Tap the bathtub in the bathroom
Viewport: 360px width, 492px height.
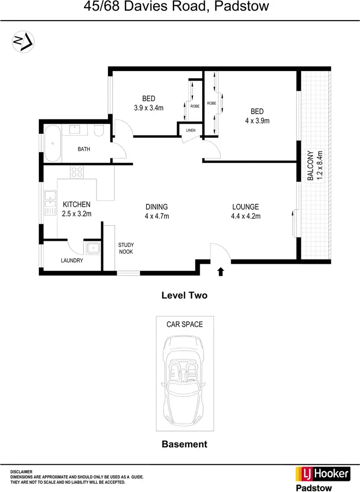(x=52, y=143)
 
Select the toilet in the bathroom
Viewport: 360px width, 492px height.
(x=99, y=131)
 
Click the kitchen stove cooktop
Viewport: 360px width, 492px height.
(x=77, y=172)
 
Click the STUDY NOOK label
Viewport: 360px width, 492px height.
(x=126, y=248)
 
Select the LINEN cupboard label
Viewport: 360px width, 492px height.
(x=191, y=130)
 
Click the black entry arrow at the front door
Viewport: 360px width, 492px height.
(x=221, y=272)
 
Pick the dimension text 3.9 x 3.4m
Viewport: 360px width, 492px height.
(x=149, y=108)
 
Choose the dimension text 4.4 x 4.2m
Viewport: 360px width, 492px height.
(x=246, y=216)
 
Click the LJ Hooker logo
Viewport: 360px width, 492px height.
(x=322, y=473)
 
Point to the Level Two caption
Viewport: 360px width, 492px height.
(x=184, y=295)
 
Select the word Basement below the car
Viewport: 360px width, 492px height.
(x=184, y=444)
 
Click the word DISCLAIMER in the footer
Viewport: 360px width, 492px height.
(x=22, y=472)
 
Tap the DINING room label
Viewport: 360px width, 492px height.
(x=157, y=207)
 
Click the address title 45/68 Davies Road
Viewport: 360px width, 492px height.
(x=144, y=7)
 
